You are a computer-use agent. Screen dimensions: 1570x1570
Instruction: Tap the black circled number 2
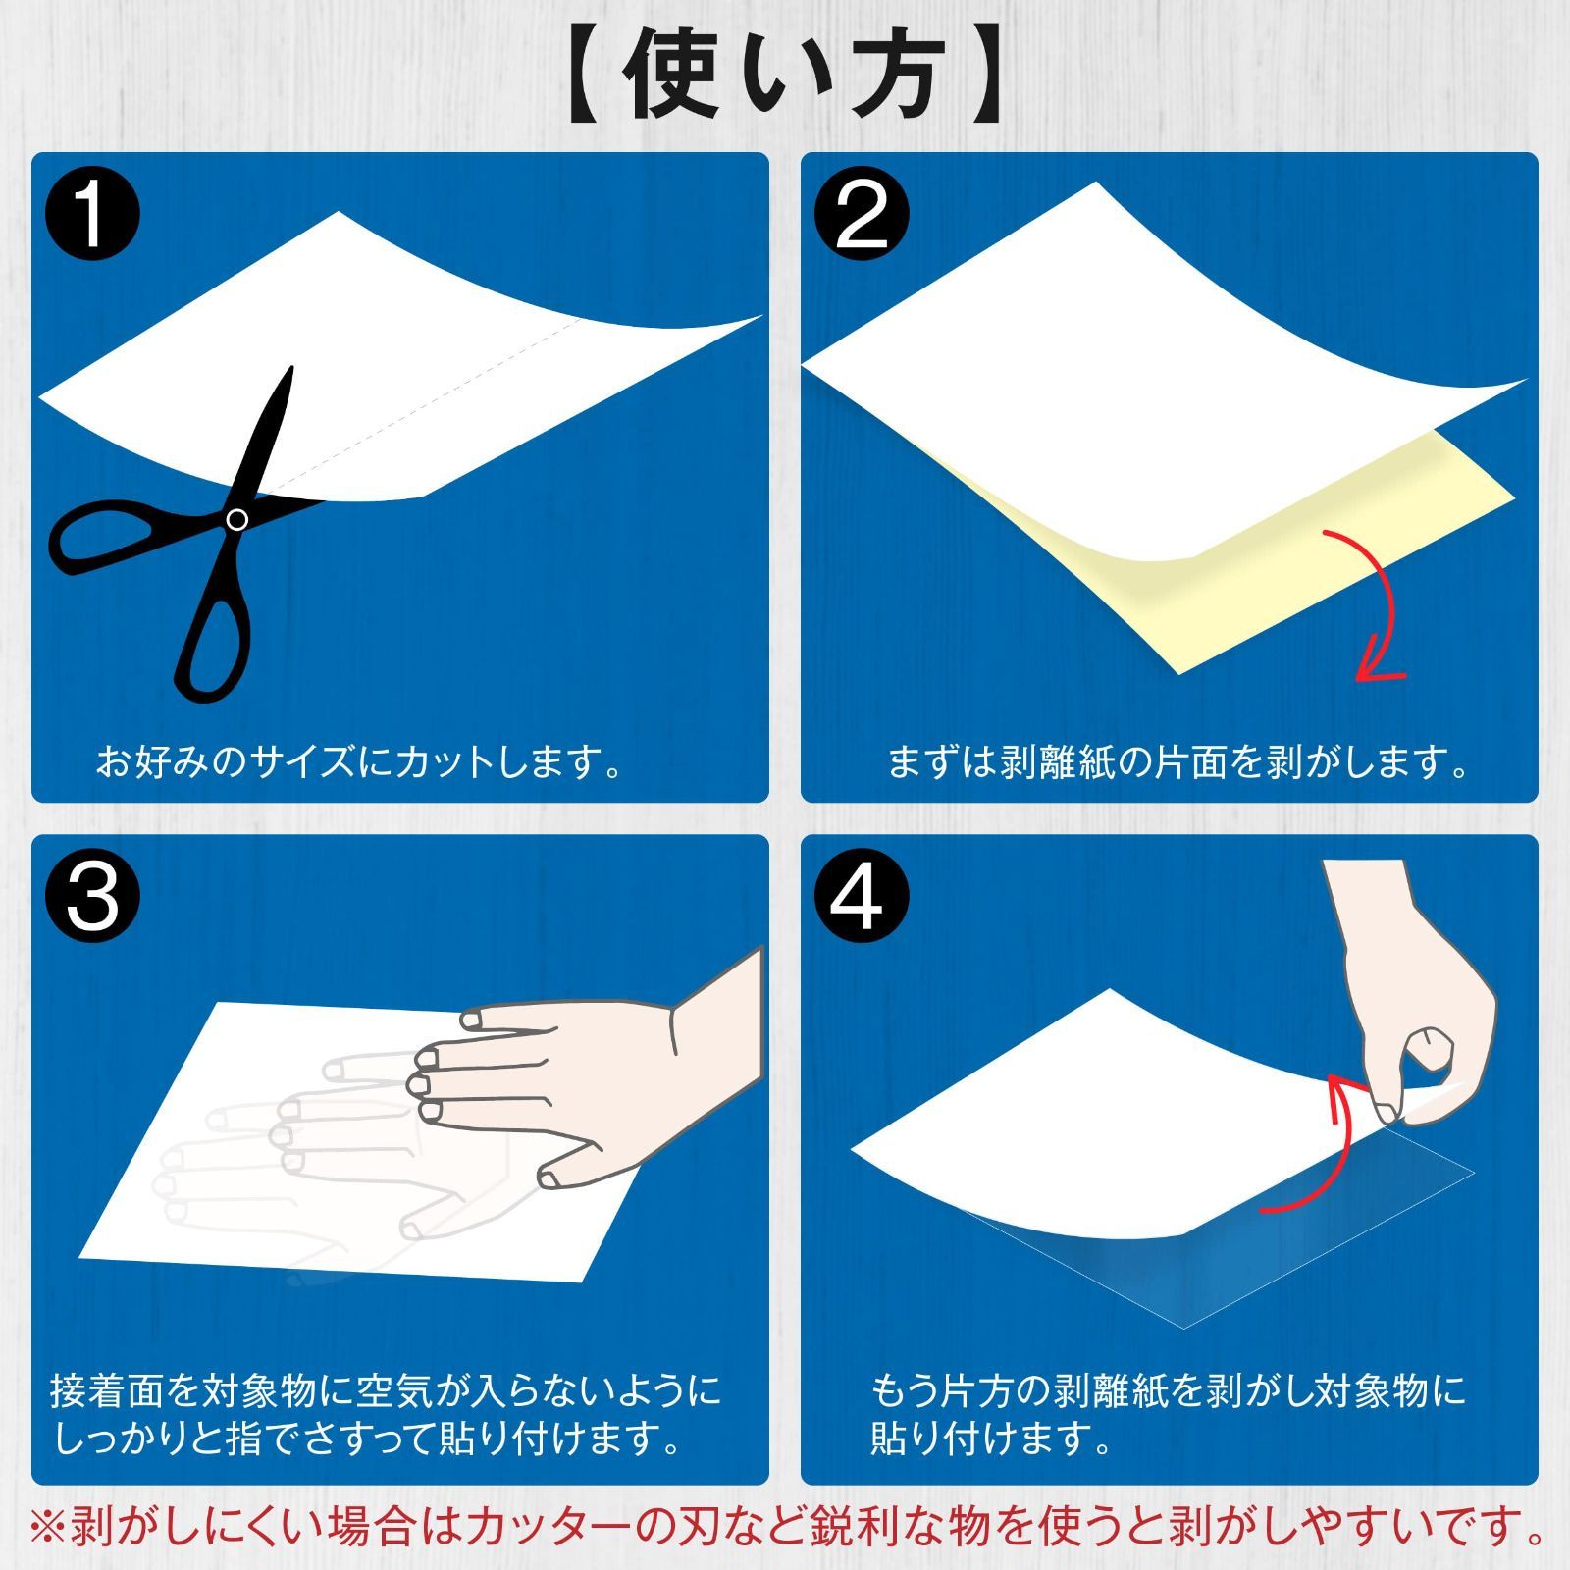pos(862,214)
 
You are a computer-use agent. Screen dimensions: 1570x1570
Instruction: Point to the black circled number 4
pos(862,896)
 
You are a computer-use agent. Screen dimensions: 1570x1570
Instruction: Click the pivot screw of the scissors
pos(236,520)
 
